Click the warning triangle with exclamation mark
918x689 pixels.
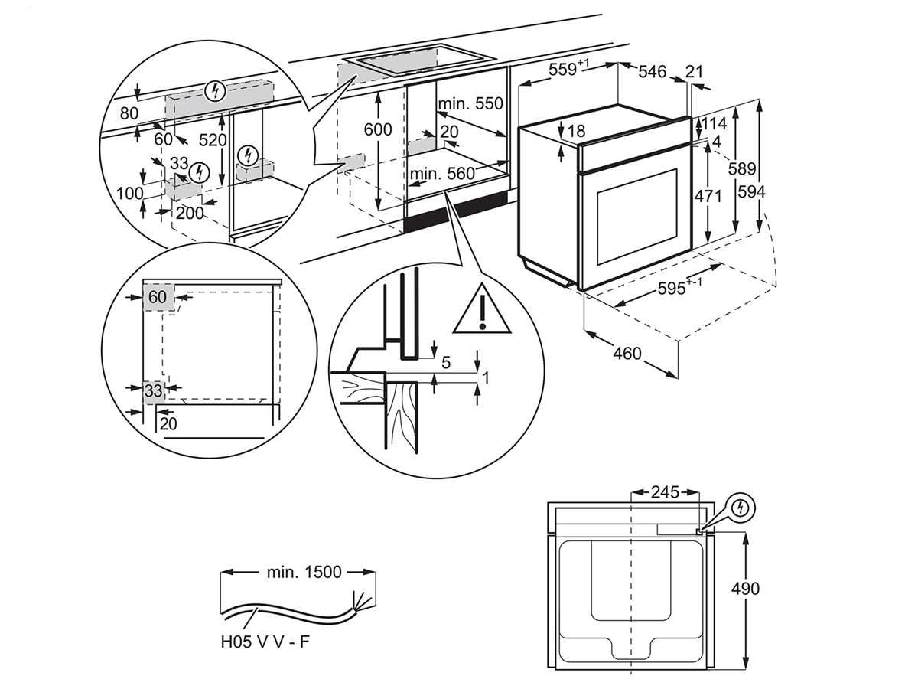click(482, 309)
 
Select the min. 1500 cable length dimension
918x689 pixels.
click(304, 572)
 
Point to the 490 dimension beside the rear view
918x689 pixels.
click(745, 589)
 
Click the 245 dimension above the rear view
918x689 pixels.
click(665, 492)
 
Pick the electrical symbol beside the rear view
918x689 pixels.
click(741, 508)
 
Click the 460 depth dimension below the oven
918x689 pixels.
click(627, 354)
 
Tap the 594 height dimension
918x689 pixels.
click(751, 192)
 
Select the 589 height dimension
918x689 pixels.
click(742, 168)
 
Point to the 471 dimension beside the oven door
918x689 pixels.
click(708, 196)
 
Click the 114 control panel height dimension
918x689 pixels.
click(714, 124)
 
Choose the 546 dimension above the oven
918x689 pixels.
click(652, 72)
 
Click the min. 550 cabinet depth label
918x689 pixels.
click(470, 103)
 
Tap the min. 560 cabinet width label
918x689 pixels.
click(442, 173)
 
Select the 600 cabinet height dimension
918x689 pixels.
click(378, 129)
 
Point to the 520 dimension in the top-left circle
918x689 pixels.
click(213, 140)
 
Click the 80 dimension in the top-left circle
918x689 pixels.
click(129, 113)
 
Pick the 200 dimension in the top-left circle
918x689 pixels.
click(190, 214)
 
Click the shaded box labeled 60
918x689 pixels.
click(159, 298)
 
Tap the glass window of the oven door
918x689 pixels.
click(636, 217)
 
